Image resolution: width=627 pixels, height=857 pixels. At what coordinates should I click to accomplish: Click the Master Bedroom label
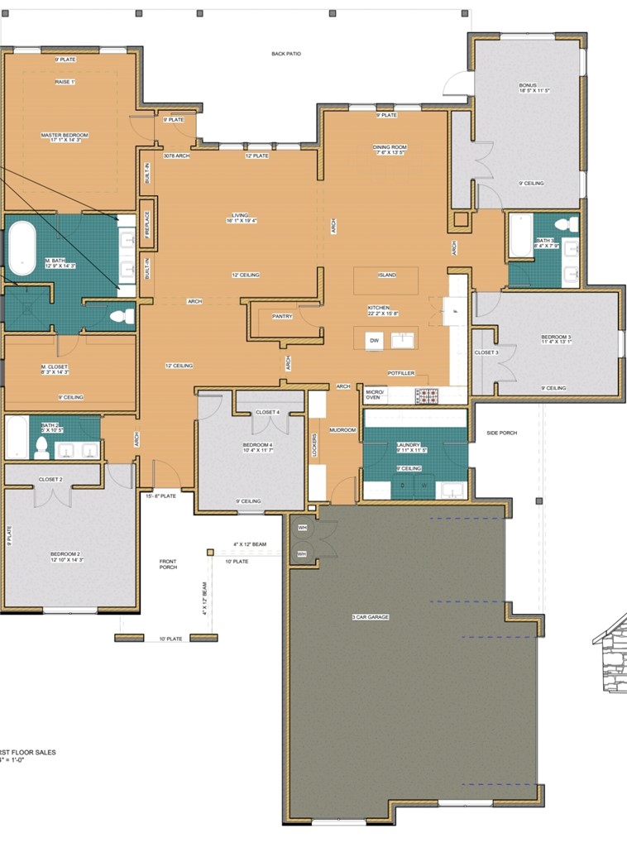click(x=64, y=135)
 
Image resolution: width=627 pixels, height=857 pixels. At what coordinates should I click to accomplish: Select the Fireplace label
click(x=147, y=224)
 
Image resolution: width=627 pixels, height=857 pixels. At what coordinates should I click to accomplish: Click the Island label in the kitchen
click(x=386, y=275)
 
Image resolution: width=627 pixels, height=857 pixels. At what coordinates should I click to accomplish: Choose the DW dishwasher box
click(x=374, y=339)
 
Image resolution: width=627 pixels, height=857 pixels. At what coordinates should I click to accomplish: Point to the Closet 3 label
click(x=486, y=352)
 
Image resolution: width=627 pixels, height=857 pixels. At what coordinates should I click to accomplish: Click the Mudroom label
click(x=342, y=429)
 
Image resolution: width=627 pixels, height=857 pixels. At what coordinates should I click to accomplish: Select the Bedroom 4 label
click(x=257, y=448)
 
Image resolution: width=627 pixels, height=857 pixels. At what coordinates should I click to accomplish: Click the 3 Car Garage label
click(x=370, y=617)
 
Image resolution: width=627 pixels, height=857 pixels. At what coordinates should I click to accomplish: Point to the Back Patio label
click(x=286, y=54)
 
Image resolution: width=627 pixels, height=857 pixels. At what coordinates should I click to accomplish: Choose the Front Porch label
click(x=169, y=564)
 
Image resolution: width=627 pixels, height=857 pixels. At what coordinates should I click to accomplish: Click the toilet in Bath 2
click(x=40, y=449)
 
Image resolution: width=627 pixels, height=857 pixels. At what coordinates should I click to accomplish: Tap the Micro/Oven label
click(x=374, y=395)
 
